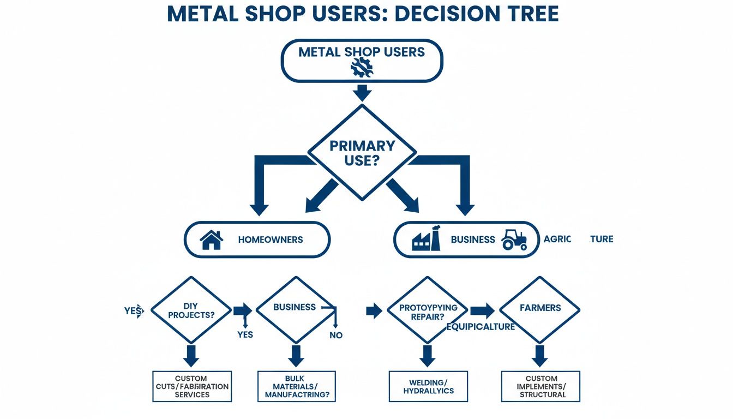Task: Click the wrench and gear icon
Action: point(362,68)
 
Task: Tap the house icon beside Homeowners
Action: point(212,240)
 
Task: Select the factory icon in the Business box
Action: point(426,240)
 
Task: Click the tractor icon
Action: point(514,240)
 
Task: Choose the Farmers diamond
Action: point(540,308)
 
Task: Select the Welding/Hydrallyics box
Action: point(428,386)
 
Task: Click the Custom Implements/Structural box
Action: point(541,386)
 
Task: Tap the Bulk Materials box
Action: point(296,386)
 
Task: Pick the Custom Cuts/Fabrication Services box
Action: point(192,386)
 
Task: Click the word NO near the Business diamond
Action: point(336,335)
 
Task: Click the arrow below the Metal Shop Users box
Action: point(362,92)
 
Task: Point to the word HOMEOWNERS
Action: point(271,240)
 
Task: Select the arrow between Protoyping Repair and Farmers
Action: point(482,311)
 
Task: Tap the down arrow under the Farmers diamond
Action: point(540,356)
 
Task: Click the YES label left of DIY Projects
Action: point(133,311)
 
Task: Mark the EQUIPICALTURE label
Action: point(480,327)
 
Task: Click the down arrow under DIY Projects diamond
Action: point(191,356)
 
